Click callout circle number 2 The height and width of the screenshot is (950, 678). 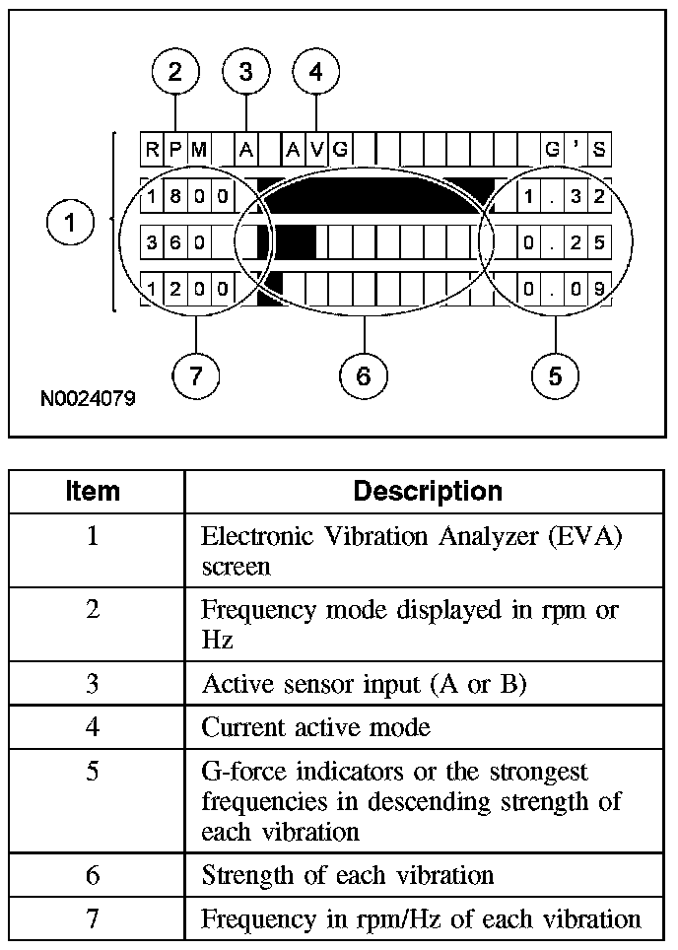(175, 72)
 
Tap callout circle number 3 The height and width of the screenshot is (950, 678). (245, 72)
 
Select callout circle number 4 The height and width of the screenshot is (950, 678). (315, 72)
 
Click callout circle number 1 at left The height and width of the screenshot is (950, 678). (70, 224)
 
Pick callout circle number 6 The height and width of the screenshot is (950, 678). (363, 375)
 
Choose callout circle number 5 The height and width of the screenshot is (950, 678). (555, 375)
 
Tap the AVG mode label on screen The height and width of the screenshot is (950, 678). (316, 150)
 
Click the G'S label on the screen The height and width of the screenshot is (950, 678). (576, 150)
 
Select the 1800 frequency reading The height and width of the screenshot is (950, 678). (187, 196)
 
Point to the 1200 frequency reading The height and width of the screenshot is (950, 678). (187, 290)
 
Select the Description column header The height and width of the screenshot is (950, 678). (428, 491)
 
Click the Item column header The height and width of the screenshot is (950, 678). (93, 491)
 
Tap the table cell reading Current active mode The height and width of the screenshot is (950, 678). (315, 728)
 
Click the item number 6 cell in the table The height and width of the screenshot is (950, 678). (93, 874)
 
